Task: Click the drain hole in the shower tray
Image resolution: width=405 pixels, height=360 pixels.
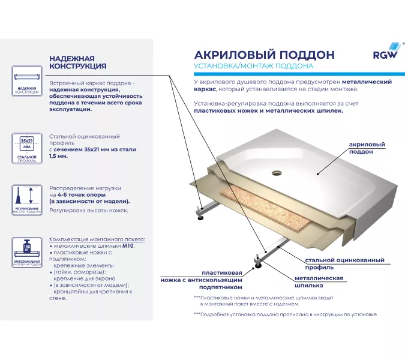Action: tap(277, 172)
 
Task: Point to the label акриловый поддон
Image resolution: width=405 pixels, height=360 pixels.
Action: tap(367, 148)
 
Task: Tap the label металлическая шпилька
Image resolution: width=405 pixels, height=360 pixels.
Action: tap(319, 282)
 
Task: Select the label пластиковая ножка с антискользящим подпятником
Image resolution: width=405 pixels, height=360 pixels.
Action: tap(201, 280)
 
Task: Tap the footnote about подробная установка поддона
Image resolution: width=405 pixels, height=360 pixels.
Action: tap(285, 314)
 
